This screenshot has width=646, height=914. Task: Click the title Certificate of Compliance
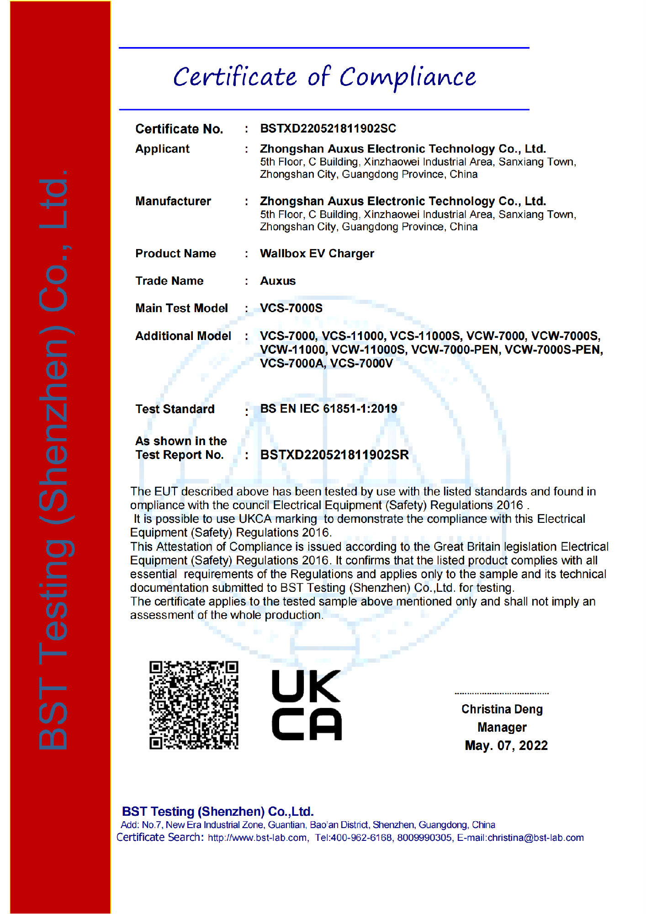(324, 77)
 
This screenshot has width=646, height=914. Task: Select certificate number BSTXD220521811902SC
(328, 128)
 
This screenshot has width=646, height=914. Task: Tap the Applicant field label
(162, 149)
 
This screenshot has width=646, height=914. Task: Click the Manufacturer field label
(173, 201)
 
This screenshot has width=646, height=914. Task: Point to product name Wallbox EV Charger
(317, 254)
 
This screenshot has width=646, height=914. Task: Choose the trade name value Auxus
(278, 281)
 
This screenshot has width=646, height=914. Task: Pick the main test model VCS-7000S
(291, 308)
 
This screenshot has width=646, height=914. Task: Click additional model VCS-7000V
(361, 363)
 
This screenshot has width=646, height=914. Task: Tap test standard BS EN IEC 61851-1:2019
(328, 409)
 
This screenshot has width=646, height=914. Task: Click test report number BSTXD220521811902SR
(334, 455)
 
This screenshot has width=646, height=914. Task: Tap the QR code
(194, 705)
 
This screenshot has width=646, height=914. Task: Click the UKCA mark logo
(307, 705)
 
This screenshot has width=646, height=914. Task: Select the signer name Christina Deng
(502, 709)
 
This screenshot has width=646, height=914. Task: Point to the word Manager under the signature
(502, 727)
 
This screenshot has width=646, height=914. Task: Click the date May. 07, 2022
(506, 745)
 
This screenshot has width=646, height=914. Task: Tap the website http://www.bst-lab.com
(258, 838)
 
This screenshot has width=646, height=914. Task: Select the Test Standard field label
(175, 409)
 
